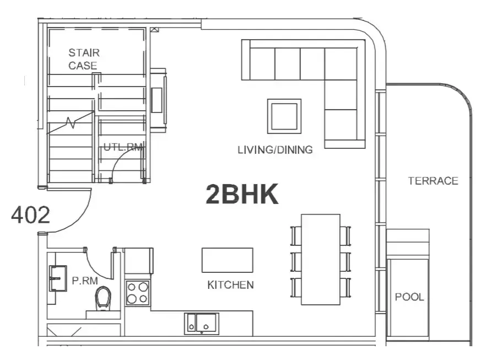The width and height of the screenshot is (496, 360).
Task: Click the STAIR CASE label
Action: pos(84,59)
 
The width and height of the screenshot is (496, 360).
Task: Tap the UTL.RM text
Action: pos(123,147)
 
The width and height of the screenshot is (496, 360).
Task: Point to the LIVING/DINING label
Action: pos(275,149)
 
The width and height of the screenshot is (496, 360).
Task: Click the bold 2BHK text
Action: pos(242,194)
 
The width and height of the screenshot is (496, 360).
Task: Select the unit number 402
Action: pos(30,215)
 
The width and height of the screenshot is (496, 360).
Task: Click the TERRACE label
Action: pos(433,181)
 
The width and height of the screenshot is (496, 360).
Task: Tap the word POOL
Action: pos(409,297)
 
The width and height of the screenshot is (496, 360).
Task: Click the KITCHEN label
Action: pos(230,284)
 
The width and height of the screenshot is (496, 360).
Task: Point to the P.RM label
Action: pos(85,280)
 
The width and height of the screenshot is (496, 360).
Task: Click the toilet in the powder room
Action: pos(103,297)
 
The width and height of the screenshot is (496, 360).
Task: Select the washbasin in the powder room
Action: pos(58,278)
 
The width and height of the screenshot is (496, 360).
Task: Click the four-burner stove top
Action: pos(138,293)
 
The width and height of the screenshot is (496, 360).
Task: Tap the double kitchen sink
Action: pos(202,323)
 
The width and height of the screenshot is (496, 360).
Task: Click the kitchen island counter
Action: pos(228,260)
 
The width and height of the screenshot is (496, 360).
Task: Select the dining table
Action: pos(320,260)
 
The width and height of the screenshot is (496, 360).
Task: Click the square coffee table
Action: pos(284,116)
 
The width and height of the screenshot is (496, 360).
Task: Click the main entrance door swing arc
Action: pos(85,217)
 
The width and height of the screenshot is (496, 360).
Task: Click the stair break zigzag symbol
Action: pos(71,122)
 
